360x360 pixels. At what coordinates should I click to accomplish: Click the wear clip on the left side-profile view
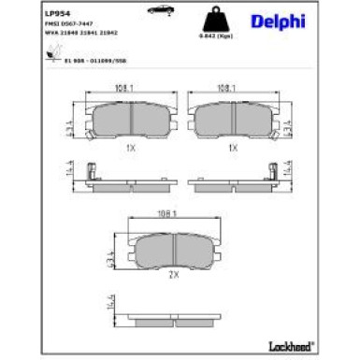[x=87, y=172]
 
